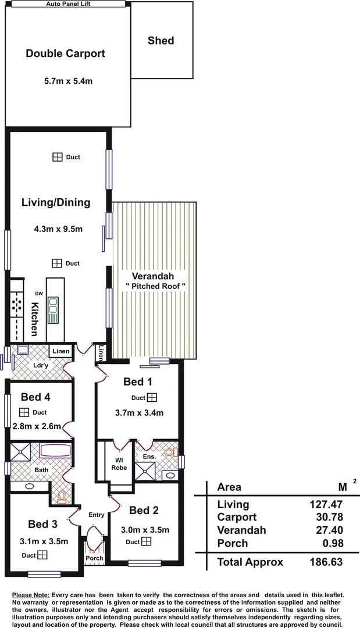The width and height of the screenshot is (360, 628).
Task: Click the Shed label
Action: click(161, 41)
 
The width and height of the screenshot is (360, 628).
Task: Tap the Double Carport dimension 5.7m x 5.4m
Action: click(69, 81)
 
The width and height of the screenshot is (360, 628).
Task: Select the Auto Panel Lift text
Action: click(69, 3)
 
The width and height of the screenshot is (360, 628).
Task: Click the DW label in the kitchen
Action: click(39, 293)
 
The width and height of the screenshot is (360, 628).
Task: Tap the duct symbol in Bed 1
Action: click(152, 398)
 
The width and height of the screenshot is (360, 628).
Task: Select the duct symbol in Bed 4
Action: click(24, 412)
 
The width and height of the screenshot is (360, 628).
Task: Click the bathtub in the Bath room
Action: click(55, 452)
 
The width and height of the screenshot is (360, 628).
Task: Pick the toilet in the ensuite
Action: click(170, 452)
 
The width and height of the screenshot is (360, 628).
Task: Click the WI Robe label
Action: click(119, 463)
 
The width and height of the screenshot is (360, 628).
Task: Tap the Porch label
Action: click(94, 558)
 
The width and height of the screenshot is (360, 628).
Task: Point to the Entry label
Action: click(96, 515)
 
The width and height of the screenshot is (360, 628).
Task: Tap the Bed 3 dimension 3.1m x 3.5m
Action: click(44, 541)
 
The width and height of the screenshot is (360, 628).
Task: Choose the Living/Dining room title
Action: click(56, 203)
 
